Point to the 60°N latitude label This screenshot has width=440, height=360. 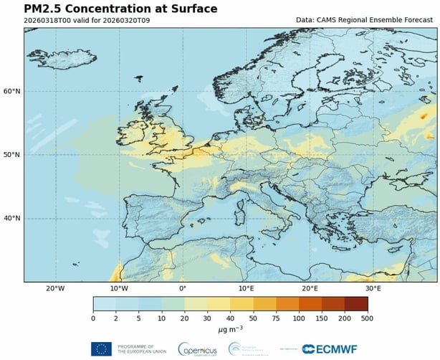(12, 91)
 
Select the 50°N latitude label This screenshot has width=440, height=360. (12, 154)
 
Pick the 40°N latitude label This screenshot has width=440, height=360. (12, 218)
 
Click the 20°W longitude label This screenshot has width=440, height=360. (55, 288)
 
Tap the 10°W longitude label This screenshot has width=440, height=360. (119, 288)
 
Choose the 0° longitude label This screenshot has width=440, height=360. (183, 288)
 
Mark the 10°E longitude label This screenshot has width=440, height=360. (246, 288)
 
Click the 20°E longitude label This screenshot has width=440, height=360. (310, 288)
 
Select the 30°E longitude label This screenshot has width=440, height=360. (373, 288)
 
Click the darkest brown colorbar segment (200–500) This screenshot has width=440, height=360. (356, 303)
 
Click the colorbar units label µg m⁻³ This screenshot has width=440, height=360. (230, 328)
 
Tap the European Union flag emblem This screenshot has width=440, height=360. (101, 349)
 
